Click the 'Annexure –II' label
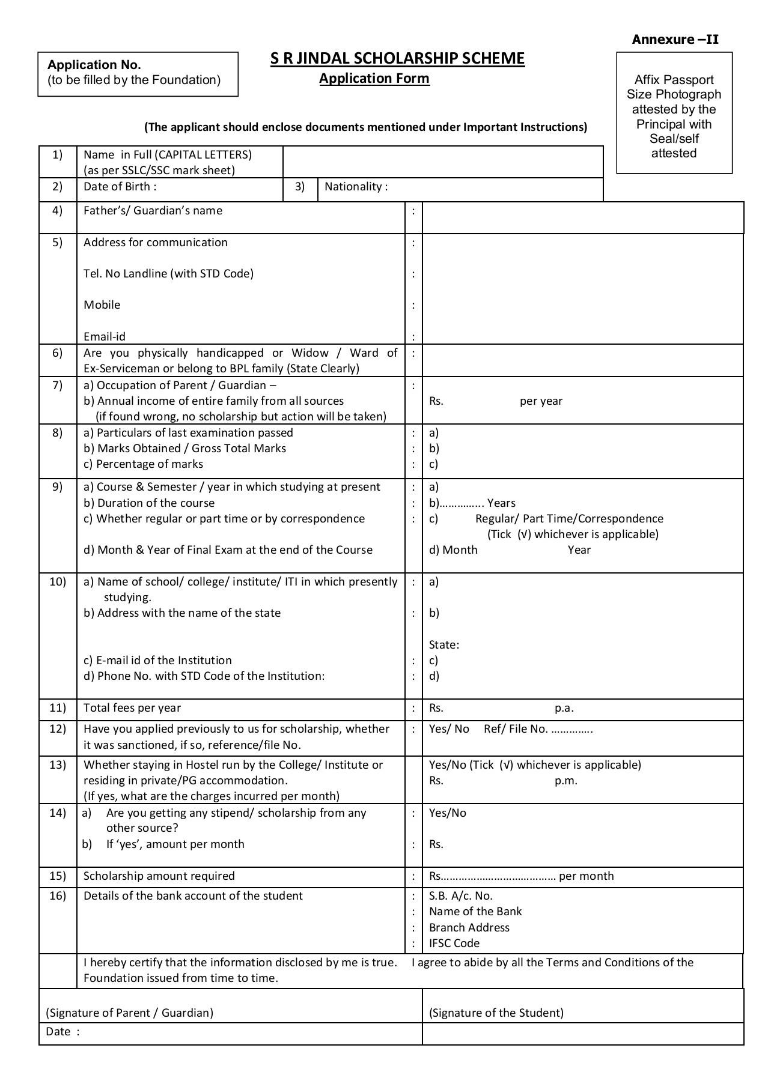675,40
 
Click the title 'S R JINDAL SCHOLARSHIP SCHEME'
397,58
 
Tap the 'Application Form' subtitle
374,78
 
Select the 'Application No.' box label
94,65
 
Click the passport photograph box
674,113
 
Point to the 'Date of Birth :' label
120,186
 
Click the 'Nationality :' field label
356,186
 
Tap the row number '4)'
57,210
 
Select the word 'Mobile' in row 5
102,304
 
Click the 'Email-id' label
104,336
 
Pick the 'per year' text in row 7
541,401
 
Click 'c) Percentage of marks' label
143,464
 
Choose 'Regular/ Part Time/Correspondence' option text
569,518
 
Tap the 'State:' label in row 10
443,644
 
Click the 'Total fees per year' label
132,707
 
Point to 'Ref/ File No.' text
516,728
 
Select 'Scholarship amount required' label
159,876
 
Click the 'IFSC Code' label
454,943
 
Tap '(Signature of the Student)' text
496,1013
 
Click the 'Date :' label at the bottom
62,1032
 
